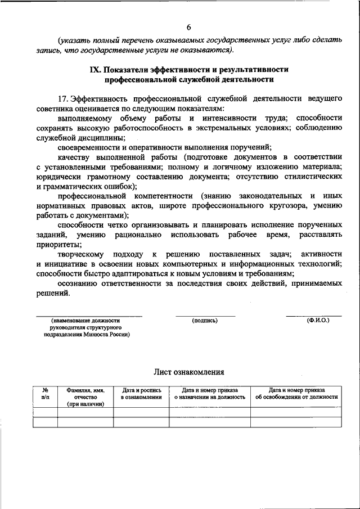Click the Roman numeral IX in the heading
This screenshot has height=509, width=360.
click(x=97, y=69)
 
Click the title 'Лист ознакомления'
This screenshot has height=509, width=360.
click(x=189, y=372)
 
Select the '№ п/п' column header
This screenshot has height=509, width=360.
click(x=45, y=393)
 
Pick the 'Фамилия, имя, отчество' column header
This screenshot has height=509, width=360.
click(x=85, y=397)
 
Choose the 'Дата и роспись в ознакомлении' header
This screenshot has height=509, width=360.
click(x=141, y=393)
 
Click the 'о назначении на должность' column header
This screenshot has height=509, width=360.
click(x=210, y=397)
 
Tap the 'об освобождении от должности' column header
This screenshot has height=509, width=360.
click(x=296, y=397)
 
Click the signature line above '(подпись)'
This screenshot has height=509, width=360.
click(x=205, y=316)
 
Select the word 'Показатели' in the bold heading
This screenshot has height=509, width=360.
click(x=129, y=69)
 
